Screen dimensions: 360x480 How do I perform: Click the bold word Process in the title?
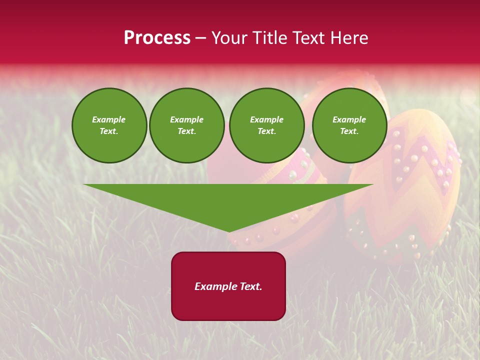pyautogui.click(x=157, y=38)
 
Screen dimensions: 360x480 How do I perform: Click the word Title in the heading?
pyautogui.click(x=270, y=38)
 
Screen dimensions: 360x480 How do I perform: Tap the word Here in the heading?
pyautogui.click(x=348, y=38)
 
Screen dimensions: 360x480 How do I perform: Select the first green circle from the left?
pyautogui.click(x=109, y=125)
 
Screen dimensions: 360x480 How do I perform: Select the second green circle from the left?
pyautogui.click(x=186, y=125)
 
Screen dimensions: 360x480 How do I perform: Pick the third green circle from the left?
pyautogui.click(x=266, y=125)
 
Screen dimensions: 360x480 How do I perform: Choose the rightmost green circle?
pyautogui.click(x=349, y=125)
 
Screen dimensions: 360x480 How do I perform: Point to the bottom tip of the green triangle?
pyautogui.click(x=229, y=231)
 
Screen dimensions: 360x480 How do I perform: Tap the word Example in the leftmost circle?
pyautogui.click(x=109, y=119)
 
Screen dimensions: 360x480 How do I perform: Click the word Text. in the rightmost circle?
pyautogui.click(x=349, y=131)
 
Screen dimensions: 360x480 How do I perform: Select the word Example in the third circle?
pyautogui.click(x=266, y=119)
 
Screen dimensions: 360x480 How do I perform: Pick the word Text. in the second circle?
pyautogui.click(x=186, y=131)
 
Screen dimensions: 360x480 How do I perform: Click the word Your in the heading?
pyautogui.click(x=230, y=38)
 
